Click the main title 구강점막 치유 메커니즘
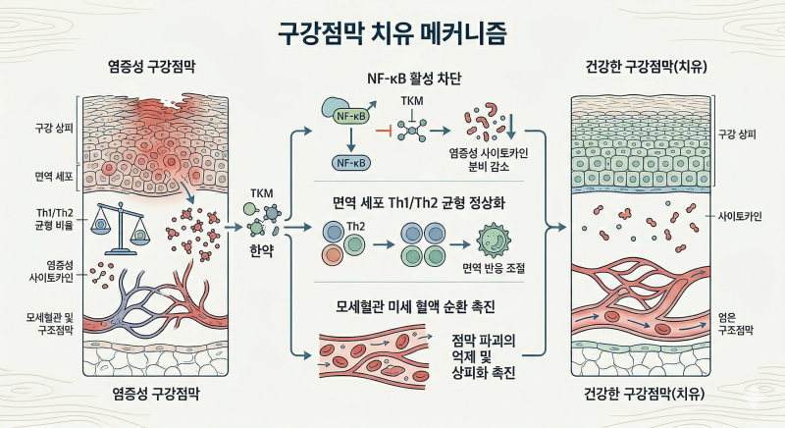tap(392, 34)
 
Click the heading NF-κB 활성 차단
tap(414, 79)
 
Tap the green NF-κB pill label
tap(350, 117)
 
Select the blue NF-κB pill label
tap(351, 163)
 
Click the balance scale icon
tap(120, 229)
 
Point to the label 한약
tap(261, 250)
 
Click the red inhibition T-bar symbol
tap(383, 131)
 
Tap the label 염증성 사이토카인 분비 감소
tap(488, 160)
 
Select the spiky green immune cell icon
tap(494, 241)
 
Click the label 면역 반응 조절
tap(494, 268)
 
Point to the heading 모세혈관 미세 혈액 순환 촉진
tap(415, 306)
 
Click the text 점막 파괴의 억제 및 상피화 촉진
tap(483, 356)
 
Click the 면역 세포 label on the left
tap(54, 176)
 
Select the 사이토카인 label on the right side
tap(740, 216)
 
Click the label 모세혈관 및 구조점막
tap(50, 323)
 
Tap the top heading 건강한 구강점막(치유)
tap(646, 67)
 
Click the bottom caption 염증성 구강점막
tap(156, 394)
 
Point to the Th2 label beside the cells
tap(355, 226)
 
